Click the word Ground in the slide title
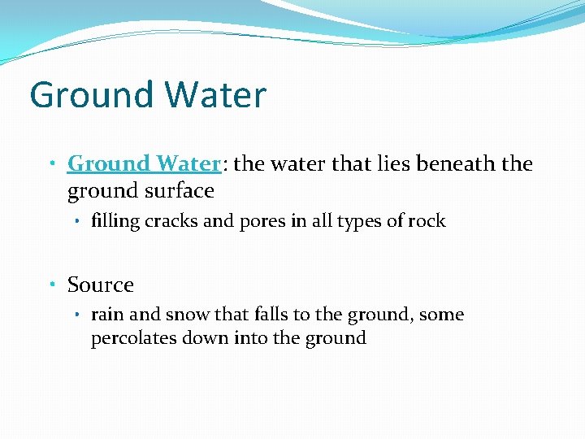tap(89, 95)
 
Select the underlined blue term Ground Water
tap(144, 163)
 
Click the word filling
tap(115, 220)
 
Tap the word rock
tap(427, 220)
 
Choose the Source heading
tap(101, 285)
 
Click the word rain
tap(105, 315)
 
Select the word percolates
tap(131, 338)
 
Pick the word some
tap(444, 315)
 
